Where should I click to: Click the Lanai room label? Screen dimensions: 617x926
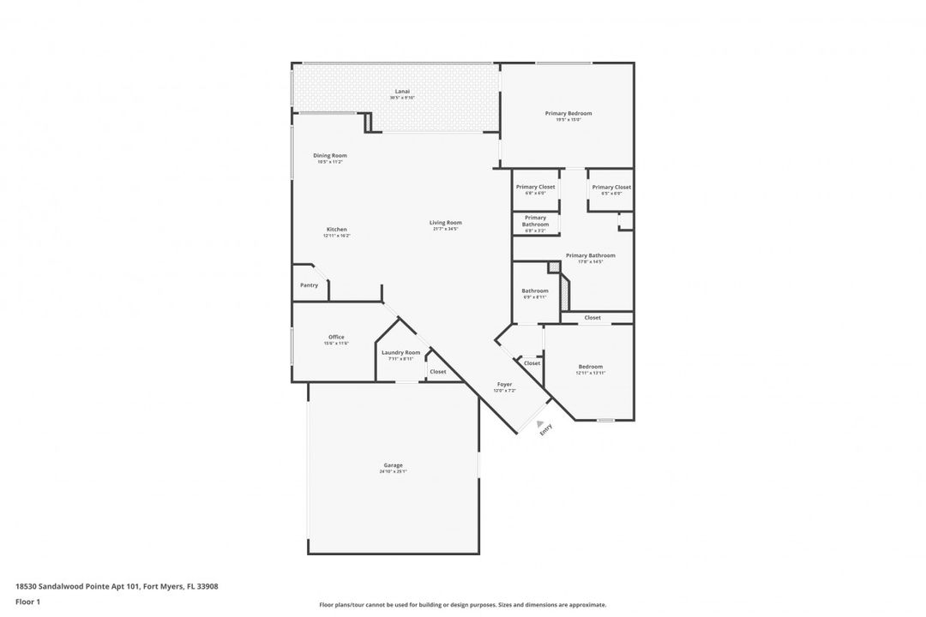pos(402,91)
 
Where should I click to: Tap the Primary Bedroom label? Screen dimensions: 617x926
pos(568,113)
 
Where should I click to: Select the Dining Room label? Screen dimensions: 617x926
pos(330,155)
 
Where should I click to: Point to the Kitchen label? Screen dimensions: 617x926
pos(337,229)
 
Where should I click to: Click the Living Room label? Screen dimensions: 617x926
pos(446,223)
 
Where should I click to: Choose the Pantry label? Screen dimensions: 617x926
pos(309,285)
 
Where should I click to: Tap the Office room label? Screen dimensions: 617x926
pos(336,337)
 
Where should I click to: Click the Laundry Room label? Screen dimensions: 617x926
pos(400,352)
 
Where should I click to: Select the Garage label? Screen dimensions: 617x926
pos(393,465)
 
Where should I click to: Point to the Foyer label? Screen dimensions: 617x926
pos(504,384)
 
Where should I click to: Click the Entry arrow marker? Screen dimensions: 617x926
pos(540,423)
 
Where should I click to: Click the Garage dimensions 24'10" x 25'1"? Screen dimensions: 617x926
pos(393,472)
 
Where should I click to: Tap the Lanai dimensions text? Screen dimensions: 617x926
pos(402,98)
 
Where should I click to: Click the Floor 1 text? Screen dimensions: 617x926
pos(28,602)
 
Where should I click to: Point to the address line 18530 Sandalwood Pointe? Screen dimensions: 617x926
pos(117,586)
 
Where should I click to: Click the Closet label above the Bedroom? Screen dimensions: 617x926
pos(592,318)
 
